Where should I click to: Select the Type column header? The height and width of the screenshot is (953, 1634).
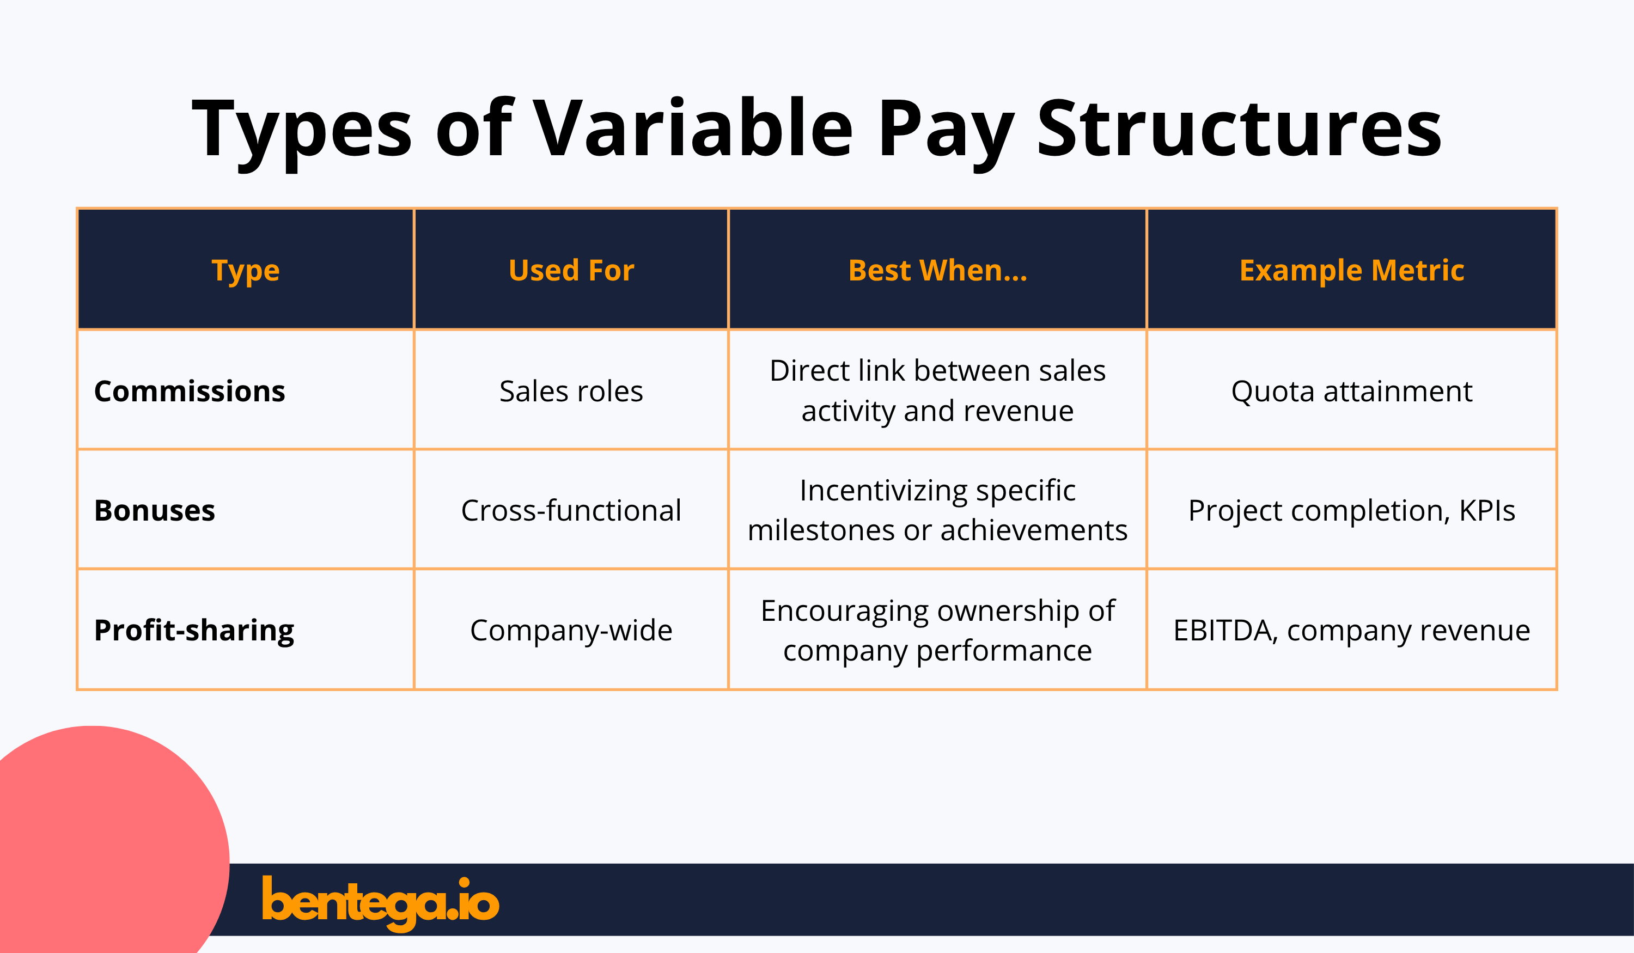point(245,270)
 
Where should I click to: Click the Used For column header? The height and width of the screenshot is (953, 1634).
point(571,270)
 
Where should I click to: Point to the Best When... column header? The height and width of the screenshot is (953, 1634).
point(937,270)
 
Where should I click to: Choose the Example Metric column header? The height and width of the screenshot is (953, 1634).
point(1351,270)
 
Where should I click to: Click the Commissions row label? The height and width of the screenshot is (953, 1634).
point(190,391)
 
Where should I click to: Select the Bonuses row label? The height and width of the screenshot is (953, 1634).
point(154,510)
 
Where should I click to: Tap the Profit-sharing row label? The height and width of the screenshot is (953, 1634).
point(194,630)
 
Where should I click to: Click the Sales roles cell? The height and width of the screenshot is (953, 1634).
point(571,391)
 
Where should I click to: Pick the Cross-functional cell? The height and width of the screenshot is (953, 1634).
point(571,510)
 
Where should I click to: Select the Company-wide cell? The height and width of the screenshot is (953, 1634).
point(571,630)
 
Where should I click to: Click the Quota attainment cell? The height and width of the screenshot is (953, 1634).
point(1351,391)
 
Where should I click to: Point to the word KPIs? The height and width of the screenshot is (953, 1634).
point(1487,510)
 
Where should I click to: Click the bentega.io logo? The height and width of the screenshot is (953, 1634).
point(381,902)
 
